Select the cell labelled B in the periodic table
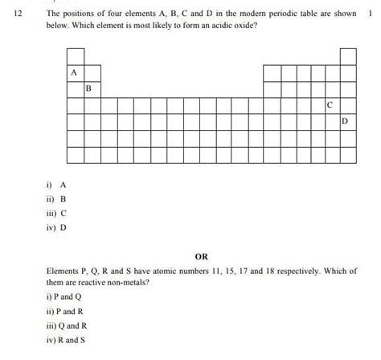[89, 88]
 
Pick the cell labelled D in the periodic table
[346, 121]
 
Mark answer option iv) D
[58, 227]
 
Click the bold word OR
[201, 257]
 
